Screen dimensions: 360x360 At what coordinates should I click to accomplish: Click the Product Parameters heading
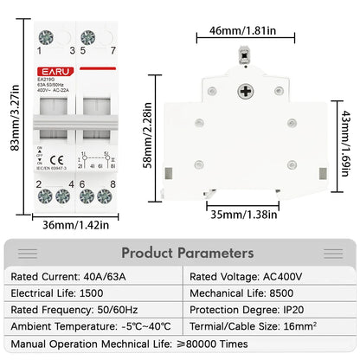tap(188, 253)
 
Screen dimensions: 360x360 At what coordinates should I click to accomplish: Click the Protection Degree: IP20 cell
tap(249, 311)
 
